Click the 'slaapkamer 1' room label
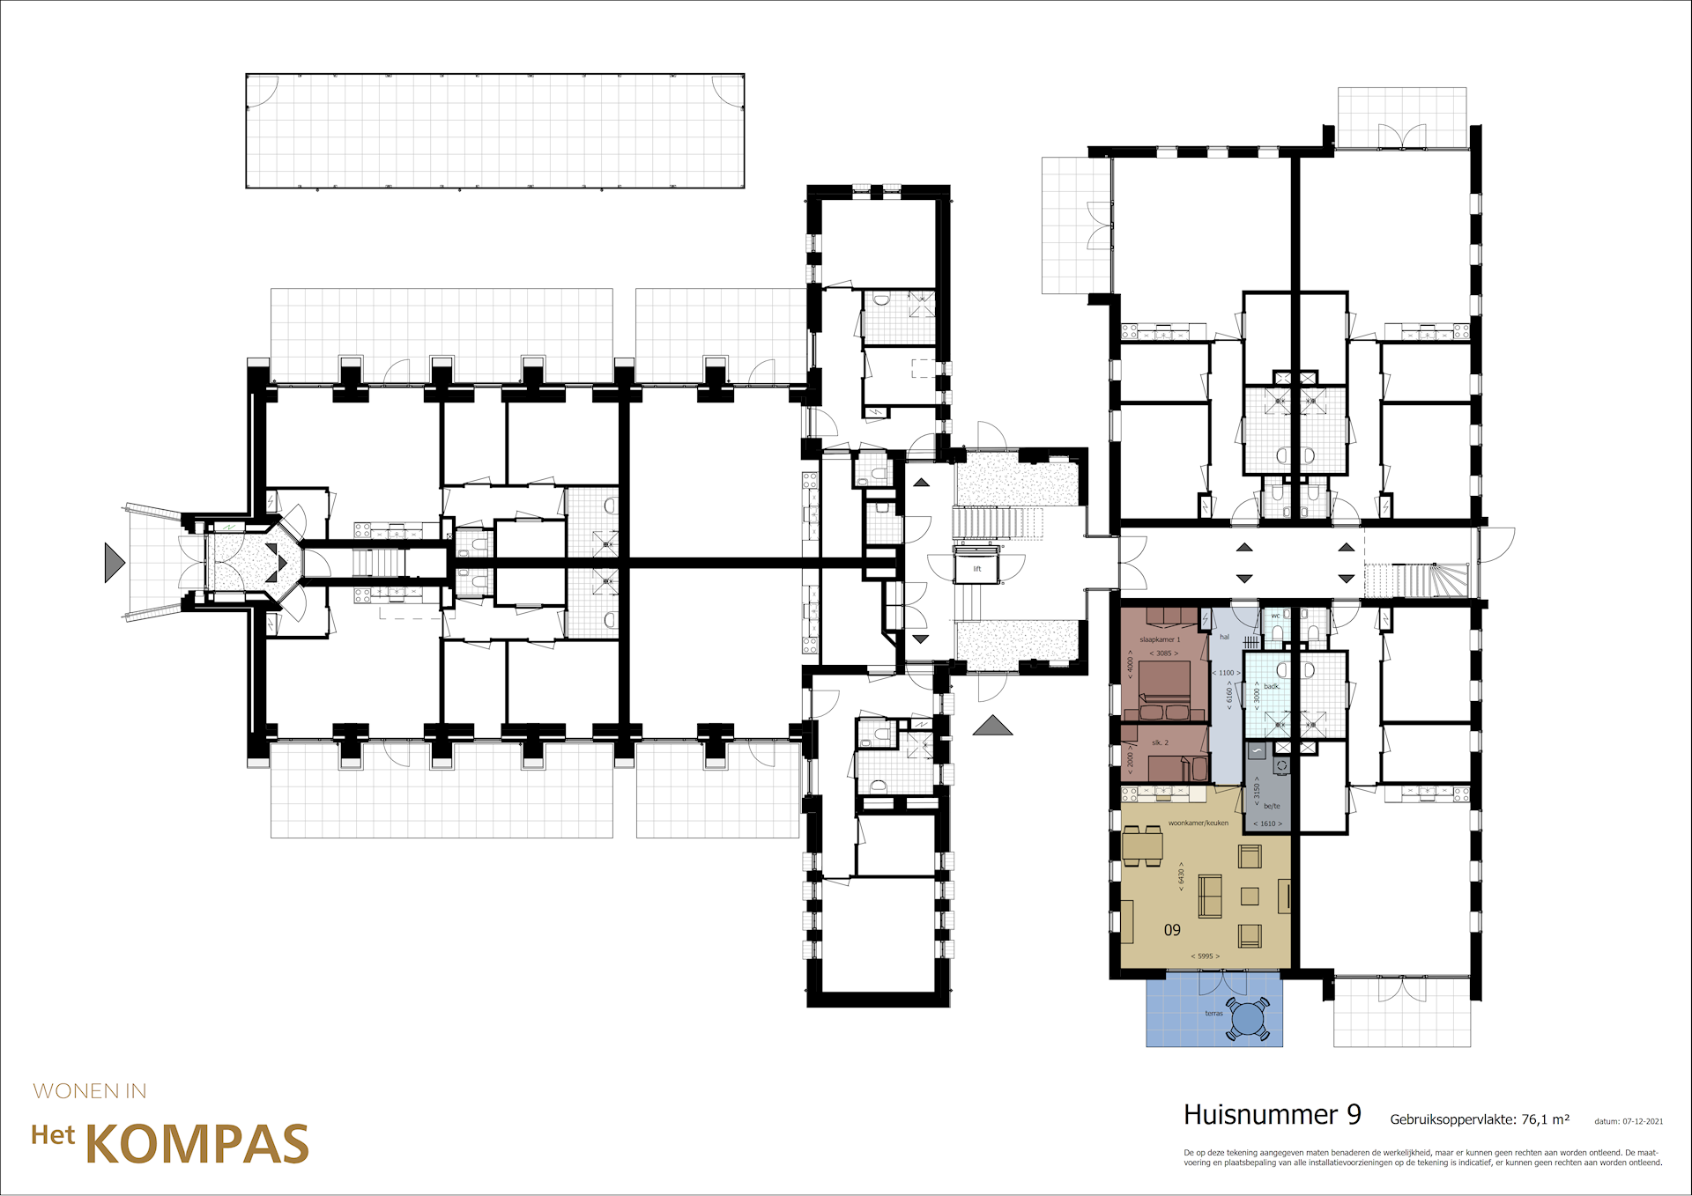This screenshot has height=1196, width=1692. [x=1159, y=639]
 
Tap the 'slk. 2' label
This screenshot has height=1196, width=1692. [x=1160, y=742]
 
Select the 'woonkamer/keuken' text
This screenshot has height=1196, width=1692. [x=1198, y=823]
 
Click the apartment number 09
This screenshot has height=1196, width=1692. [x=1172, y=930]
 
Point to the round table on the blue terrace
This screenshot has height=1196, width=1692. [x=1248, y=1019]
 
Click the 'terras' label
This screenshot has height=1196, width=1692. [x=1213, y=1013]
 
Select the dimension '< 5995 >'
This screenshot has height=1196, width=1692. [x=1205, y=956]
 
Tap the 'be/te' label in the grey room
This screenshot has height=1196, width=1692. [x=1272, y=806]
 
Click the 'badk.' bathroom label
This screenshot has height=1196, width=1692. [x=1272, y=686]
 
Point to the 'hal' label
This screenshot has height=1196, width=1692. [x=1224, y=637]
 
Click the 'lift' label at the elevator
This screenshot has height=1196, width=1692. [x=976, y=569]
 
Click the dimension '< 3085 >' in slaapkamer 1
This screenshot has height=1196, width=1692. [x=1163, y=653]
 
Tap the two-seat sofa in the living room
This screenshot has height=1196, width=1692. [x=1209, y=896]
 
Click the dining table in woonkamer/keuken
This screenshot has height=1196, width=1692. [x=1142, y=846]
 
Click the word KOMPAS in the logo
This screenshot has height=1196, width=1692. [x=197, y=1144]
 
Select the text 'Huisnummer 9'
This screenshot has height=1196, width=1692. [x=1272, y=1115]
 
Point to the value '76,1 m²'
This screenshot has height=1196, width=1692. [x=1545, y=1119]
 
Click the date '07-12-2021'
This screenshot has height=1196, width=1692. [x=1642, y=1121]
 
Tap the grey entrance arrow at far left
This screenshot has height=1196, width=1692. [x=114, y=562]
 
